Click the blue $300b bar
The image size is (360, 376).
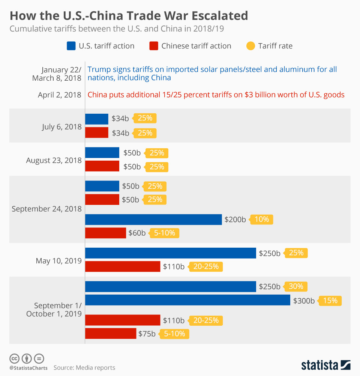[187, 300]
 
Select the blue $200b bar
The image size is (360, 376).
[153, 220]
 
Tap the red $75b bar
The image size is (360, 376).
[111, 334]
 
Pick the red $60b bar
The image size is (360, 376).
[105, 233]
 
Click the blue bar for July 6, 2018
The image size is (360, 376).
[97, 119]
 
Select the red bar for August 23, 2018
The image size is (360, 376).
[102, 166]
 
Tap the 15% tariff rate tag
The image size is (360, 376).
[330, 301]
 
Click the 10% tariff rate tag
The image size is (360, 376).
[261, 220]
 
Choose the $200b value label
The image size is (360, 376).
[235, 220]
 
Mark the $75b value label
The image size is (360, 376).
[147, 334]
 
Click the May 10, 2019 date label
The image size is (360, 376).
[58, 260]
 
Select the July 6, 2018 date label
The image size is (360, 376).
[62, 127]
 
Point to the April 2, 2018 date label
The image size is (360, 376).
[60, 95]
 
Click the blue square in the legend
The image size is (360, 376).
[71, 46]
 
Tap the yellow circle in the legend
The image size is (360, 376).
[250, 46]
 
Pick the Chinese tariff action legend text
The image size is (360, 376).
[196, 46]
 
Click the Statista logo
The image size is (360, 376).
[325, 365]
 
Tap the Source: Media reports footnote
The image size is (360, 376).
[84, 368]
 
